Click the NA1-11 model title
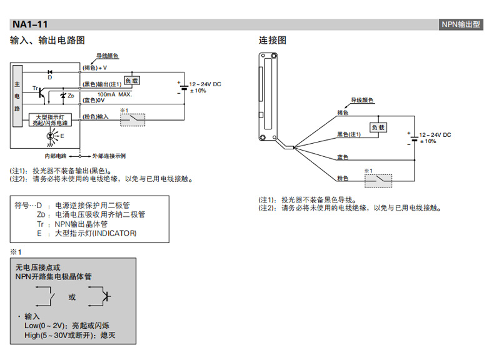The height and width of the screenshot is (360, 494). click(29, 24)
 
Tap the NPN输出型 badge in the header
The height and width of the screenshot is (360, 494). click(461, 24)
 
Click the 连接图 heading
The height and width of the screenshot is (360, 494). click(273, 41)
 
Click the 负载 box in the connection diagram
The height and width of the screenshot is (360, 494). click(378, 127)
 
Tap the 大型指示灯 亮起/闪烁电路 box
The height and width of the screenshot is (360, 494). click(51, 120)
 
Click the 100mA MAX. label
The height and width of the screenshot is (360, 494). click(114, 94)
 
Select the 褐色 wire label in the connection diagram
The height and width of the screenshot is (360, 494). click(342, 112)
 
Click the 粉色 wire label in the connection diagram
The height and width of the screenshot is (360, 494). click(342, 179)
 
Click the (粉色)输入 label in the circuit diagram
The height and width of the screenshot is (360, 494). click(96, 117)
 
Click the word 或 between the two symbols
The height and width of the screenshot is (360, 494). click(72, 297)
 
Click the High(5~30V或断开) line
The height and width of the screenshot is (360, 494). click(70, 335)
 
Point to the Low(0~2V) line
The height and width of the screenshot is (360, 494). click(61, 326)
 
